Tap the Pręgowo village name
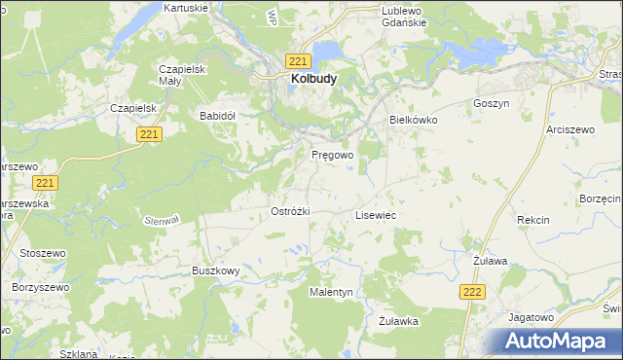[x=332, y=155]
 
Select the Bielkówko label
[x=414, y=120]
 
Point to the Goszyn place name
[x=491, y=103]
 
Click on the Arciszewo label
[x=569, y=128]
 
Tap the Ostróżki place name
[x=289, y=210]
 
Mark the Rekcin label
[x=533, y=221]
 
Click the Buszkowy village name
[x=215, y=271]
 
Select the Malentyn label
[x=331, y=292]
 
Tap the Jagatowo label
[x=531, y=317]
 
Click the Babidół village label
[x=218, y=115]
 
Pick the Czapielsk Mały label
[x=180, y=75]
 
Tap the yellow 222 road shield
[x=472, y=292]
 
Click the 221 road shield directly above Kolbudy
[x=299, y=60]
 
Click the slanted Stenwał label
[x=164, y=220]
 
